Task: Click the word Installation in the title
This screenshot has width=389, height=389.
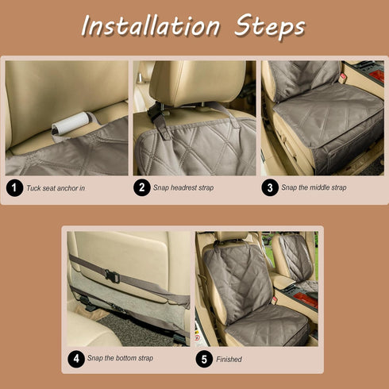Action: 151,26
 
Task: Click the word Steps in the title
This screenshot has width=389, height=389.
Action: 270,25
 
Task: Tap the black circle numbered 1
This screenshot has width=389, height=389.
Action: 14,188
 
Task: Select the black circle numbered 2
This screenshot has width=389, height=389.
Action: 142,187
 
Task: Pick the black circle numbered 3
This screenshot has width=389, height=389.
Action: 270,187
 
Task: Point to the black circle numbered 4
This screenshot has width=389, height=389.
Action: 76,359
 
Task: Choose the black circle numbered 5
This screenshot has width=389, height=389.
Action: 204,359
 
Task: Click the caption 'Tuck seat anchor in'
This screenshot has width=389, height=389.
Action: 56,188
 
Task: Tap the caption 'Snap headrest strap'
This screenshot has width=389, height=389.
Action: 183,188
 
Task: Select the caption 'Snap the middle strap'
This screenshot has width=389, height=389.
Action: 314,187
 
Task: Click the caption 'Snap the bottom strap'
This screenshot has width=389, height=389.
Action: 120,358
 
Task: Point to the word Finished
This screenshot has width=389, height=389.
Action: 229,360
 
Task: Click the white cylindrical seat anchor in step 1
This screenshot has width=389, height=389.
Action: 71,124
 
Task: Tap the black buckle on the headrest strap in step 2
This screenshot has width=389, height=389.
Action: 154,113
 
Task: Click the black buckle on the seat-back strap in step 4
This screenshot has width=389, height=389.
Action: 112,275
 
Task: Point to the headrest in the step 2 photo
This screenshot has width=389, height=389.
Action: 198,81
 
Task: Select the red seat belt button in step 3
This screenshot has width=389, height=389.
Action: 343,76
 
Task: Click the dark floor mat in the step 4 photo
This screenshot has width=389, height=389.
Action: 137,329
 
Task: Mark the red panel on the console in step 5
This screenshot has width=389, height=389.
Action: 306,298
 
